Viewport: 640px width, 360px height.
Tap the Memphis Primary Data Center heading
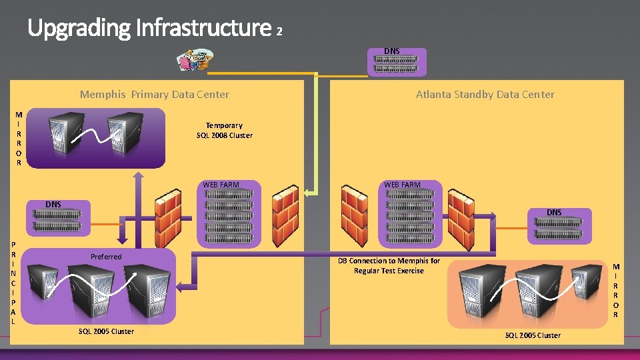tap(154, 95)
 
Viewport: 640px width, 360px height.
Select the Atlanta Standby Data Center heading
tap(485, 95)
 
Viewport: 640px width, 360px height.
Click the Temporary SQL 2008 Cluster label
tap(224, 130)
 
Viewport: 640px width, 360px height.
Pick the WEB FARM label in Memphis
tap(221, 185)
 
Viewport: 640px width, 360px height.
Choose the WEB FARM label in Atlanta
tap(402, 185)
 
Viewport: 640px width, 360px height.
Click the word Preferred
tap(106, 257)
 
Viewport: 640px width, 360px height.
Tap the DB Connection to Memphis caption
tap(389, 265)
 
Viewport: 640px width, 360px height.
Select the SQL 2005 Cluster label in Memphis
tap(106, 331)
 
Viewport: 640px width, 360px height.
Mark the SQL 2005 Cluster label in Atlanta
tap(533, 335)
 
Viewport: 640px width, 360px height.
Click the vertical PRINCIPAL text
tap(14, 283)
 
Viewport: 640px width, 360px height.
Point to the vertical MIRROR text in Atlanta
tap(615, 290)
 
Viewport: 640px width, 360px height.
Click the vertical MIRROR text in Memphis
tap(19, 139)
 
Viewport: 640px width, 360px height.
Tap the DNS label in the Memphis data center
tap(53, 204)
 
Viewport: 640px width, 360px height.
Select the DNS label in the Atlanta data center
tap(554, 213)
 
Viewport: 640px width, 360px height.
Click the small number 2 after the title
tap(279, 31)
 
